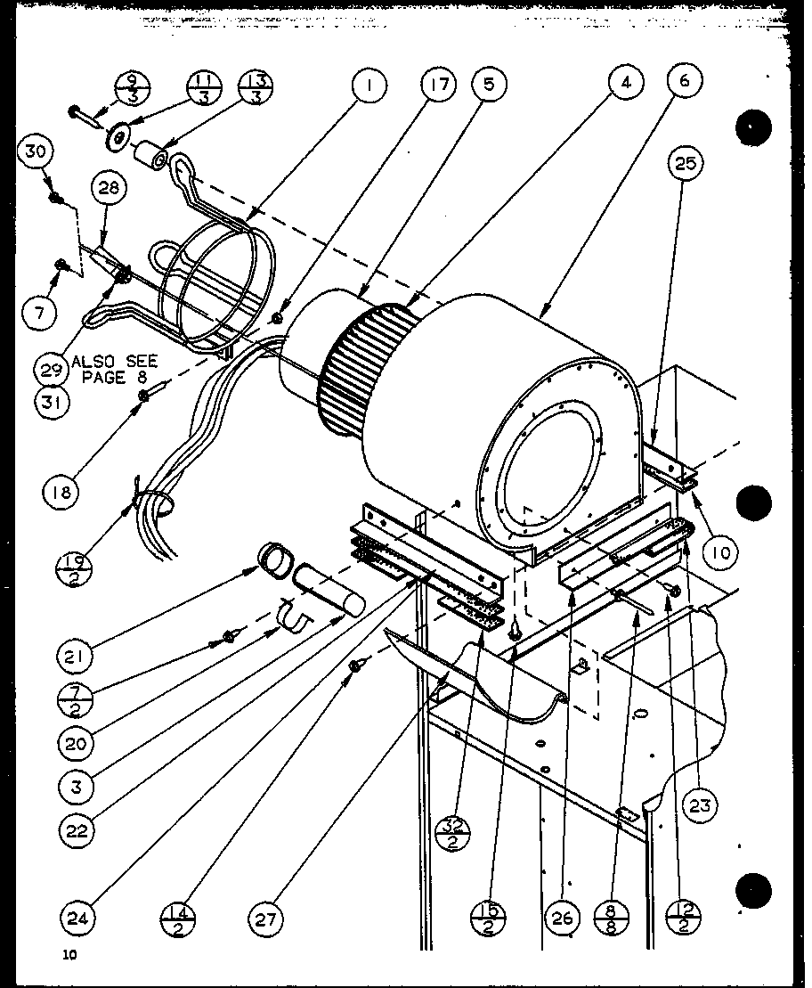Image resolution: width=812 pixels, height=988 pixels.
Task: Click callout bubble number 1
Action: [370, 86]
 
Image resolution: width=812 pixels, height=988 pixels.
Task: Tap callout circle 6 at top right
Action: [683, 81]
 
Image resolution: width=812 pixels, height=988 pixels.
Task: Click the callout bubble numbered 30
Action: [35, 152]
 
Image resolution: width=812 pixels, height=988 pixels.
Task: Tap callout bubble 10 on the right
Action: [720, 553]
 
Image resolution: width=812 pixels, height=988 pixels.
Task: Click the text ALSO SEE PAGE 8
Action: [114, 368]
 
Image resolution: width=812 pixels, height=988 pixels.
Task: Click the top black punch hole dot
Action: [752, 129]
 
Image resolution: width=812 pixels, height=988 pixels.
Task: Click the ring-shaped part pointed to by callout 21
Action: [276, 560]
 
